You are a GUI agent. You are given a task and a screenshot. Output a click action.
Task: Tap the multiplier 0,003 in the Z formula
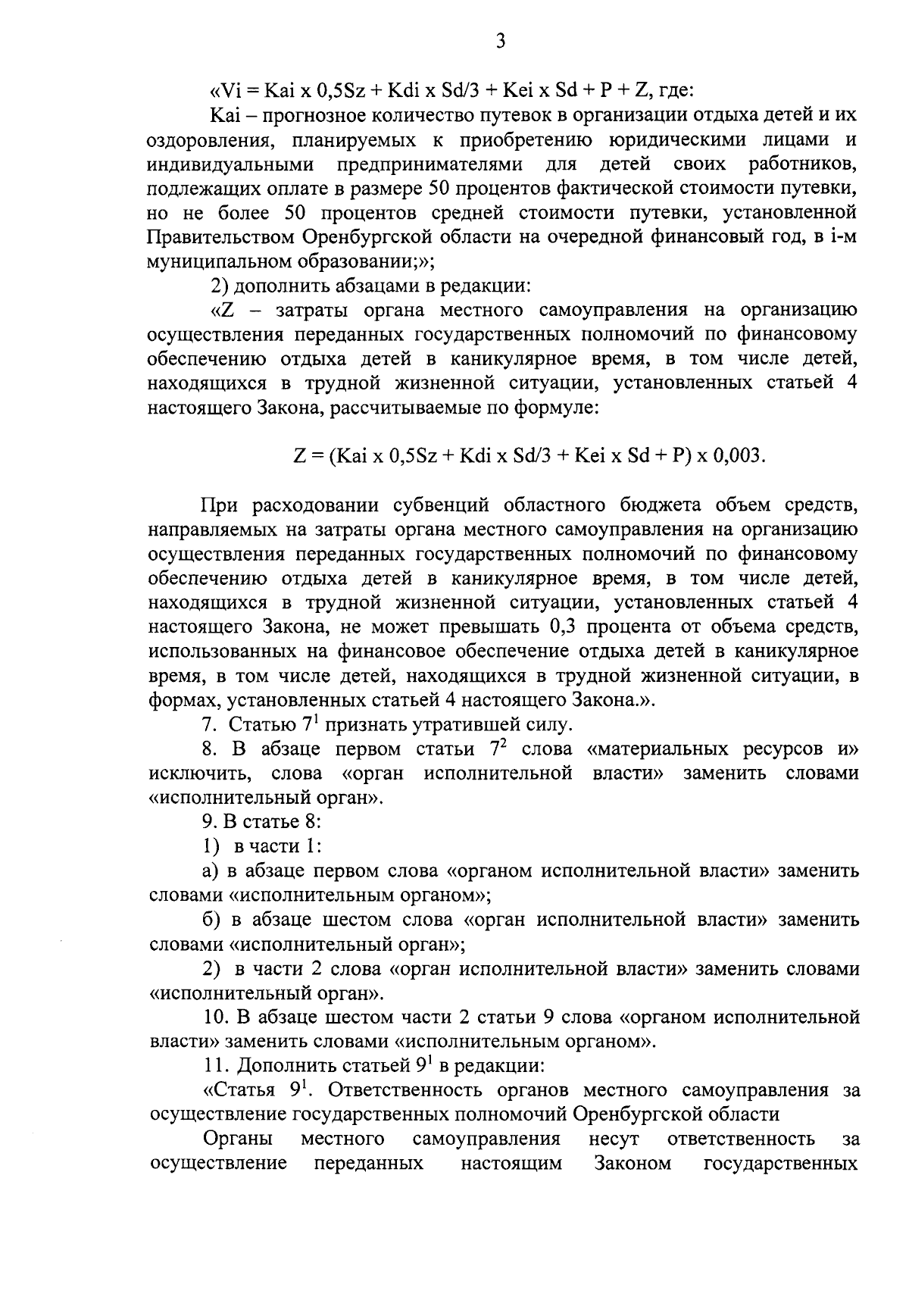tap(737, 456)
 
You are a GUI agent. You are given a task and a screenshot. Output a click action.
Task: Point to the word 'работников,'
tap(803, 164)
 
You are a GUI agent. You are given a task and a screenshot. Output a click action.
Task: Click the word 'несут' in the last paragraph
tap(613, 1139)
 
